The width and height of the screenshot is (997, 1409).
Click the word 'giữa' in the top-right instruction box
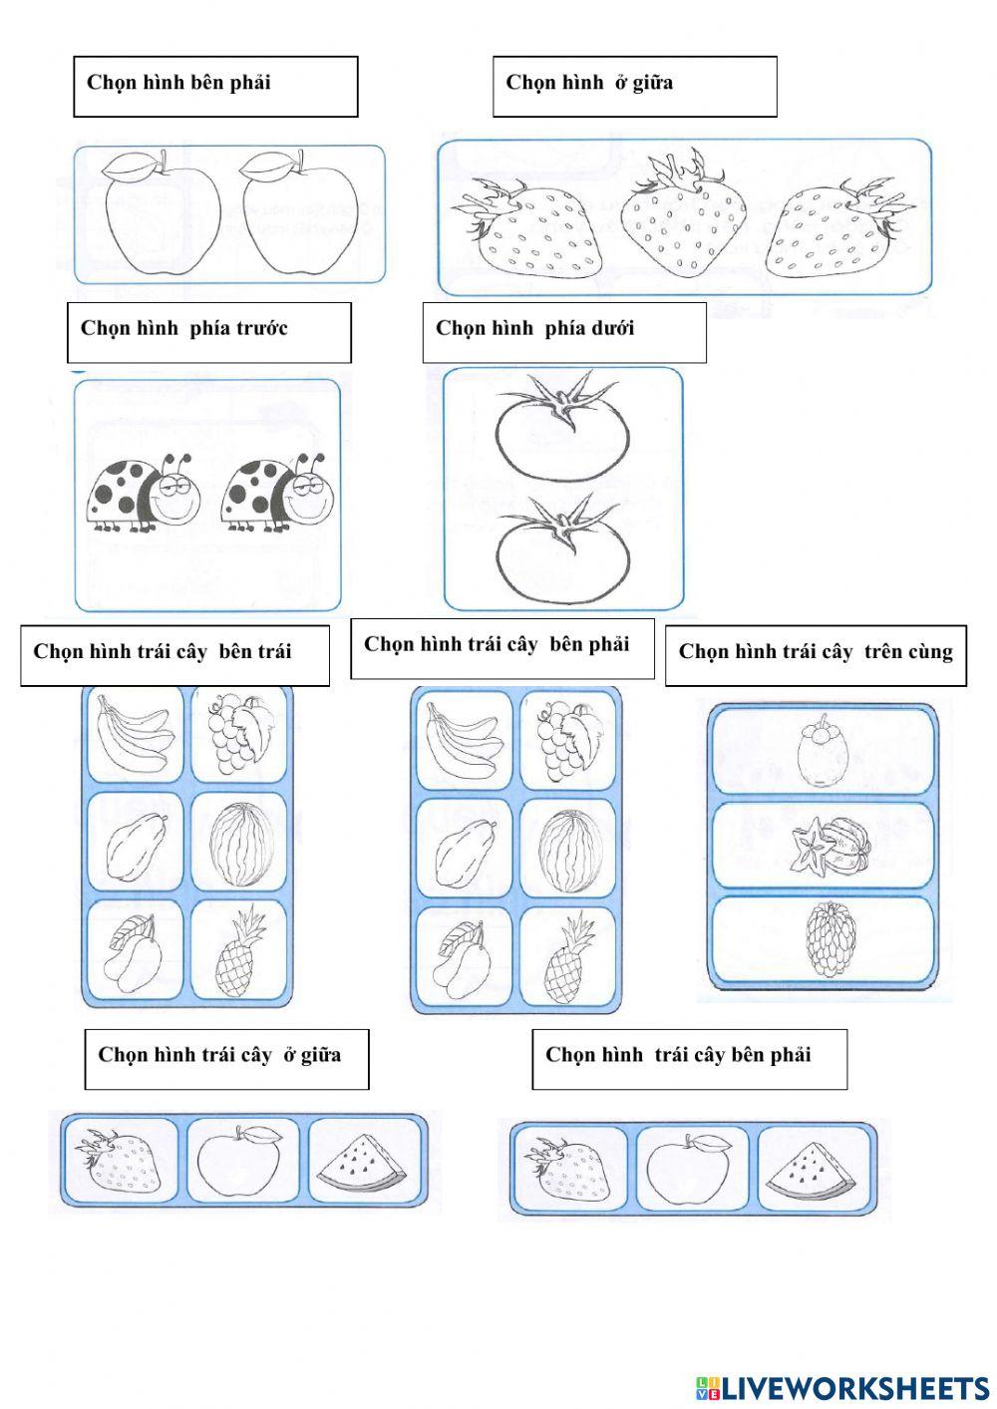pos(652,83)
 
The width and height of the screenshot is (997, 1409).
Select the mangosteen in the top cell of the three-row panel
pos(823,750)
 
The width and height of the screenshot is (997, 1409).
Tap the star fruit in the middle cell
pos(831,845)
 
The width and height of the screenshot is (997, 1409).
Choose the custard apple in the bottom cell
pos(831,939)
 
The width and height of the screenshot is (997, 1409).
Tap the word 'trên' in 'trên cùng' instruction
pos(882,652)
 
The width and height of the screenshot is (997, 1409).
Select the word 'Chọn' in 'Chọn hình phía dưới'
pos(458,328)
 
